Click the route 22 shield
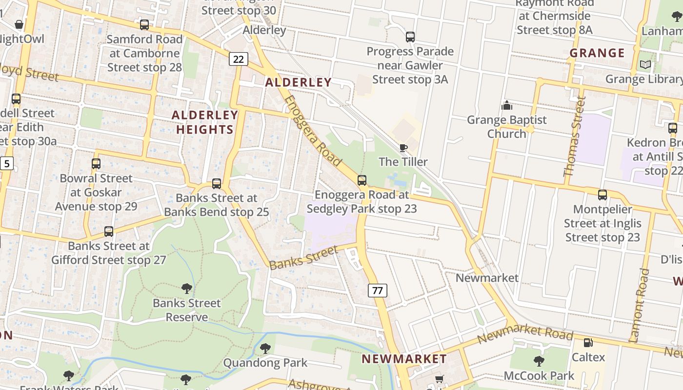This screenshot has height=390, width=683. (x=238, y=59)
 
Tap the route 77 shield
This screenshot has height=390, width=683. (x=377, y=291)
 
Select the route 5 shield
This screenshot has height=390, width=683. (x=6, y=163)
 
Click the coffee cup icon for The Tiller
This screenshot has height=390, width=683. (x=403, y=148)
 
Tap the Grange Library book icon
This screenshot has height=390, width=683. (x=645, y=64)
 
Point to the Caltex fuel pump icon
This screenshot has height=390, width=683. (x=588, y=343)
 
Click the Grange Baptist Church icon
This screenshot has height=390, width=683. (x=507, y=105)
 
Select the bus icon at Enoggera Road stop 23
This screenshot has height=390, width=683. (x=362, y=180)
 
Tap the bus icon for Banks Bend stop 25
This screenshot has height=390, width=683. (x=216, y=184)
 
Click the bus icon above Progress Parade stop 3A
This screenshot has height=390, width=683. (x=410, y=37)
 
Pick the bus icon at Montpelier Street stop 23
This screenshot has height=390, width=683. (x=603, y=195)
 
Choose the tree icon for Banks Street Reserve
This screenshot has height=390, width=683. (x=186, y=289)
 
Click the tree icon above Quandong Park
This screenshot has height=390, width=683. (x=265, y=348)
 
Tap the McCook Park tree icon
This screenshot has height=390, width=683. (x=539, y=361)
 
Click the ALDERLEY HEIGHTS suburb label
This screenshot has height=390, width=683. (x=205, y=122)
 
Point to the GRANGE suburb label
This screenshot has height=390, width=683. (x=597, y=53)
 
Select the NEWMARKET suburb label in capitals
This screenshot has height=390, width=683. (x=404, y=359)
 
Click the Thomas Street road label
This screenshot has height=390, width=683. (x=574, y=136)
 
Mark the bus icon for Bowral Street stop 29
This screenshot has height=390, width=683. (x=96, y=164)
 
